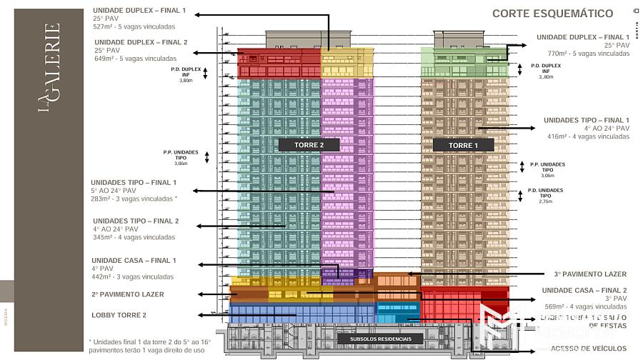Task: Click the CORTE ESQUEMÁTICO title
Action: (552, 13)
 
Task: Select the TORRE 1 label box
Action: (464, 145)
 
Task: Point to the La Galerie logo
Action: (49, 69)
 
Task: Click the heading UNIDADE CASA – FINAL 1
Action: (134, 260)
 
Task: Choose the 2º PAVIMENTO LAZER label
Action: (128, 294)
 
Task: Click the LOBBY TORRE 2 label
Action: (119, 315)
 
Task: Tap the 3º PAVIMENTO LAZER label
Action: (590, 274)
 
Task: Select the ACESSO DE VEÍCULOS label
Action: (589, 349)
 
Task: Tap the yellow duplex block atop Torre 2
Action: (347, 62)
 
